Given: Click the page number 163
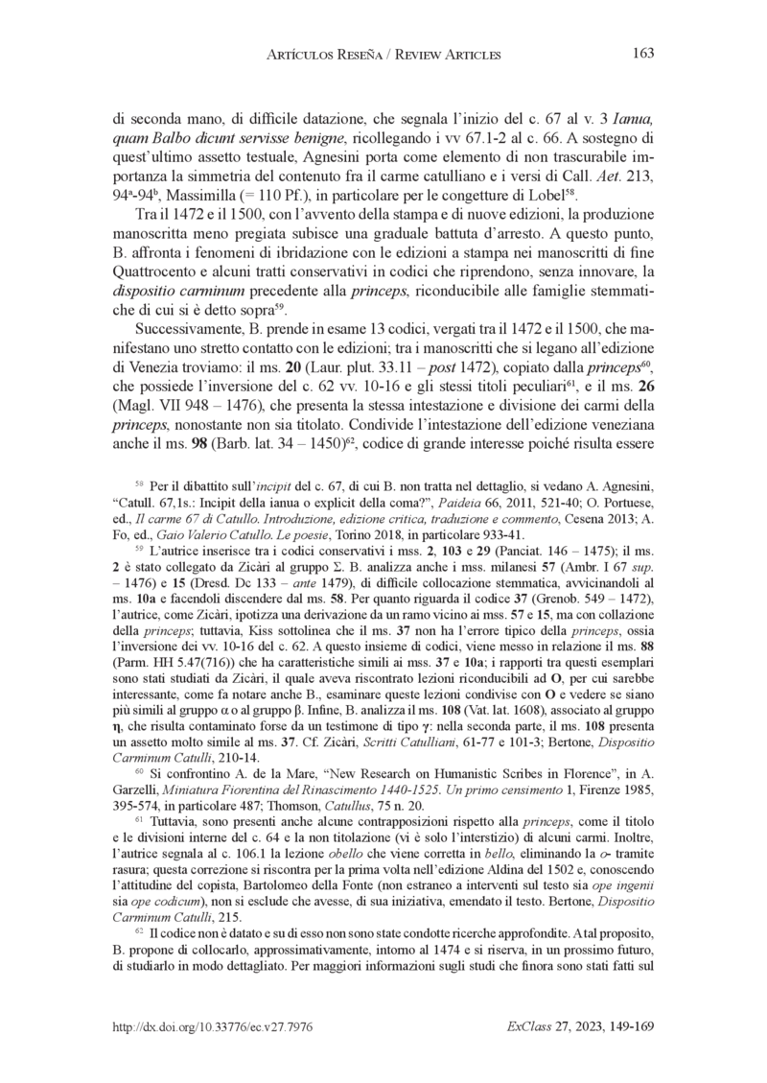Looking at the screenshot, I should [x=643, y=54].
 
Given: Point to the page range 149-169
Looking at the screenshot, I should [x=626, y=1027].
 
